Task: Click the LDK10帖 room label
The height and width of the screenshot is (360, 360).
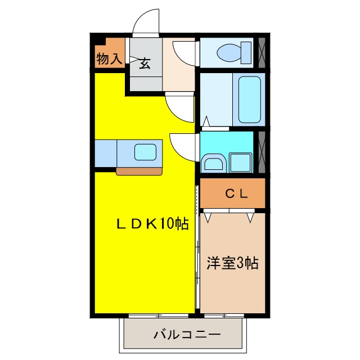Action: [x=152, y=224]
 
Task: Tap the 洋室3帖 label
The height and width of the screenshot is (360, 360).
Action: [x=232, y=263]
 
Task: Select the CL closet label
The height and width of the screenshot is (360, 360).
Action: [x=236, y=193]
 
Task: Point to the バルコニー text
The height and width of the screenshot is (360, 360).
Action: [x=187, y=335]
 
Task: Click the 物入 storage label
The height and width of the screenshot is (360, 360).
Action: [x=109, y=58]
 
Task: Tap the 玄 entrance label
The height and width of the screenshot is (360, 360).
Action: [x=145, y=64]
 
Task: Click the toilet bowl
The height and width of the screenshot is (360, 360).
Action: [x=229, y=52]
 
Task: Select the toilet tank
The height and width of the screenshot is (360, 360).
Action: [x=246, y=52]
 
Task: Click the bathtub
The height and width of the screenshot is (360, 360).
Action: [x=250, y=100]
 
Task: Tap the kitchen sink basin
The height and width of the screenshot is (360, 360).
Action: [x=145, y=152]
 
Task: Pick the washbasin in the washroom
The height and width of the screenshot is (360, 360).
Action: [x=214, y=163]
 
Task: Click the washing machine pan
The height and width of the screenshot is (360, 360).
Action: [x=240, y=163]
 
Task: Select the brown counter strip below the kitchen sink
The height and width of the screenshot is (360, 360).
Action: [x=139, y=171]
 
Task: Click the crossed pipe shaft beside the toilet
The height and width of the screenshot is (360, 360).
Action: [x=262, y=52]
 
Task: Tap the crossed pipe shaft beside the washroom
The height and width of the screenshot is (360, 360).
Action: [x=262, y=152]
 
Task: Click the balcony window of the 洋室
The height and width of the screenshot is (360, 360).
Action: [x=224, y=316]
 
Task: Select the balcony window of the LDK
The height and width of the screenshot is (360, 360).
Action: [x=159, y=316]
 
